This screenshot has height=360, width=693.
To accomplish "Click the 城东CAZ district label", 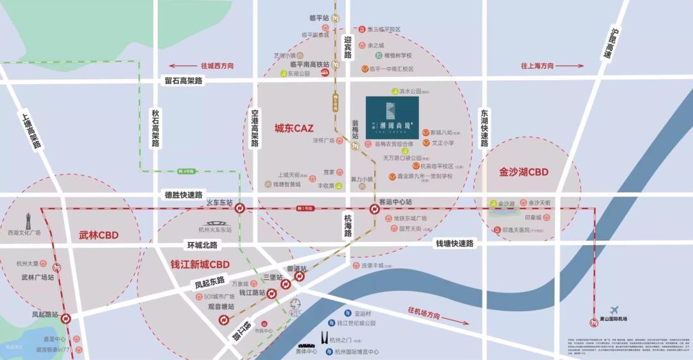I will pos(294,128).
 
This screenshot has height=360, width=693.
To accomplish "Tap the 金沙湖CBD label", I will pos(524,172).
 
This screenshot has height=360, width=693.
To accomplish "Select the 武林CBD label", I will pos(99,235).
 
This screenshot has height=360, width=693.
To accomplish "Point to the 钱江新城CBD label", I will pos(200,264).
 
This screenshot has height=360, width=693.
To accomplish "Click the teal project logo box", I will pos(392,117).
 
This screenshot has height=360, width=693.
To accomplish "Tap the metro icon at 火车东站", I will pos(239,209).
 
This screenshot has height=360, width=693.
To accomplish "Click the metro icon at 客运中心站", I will pos(374,209).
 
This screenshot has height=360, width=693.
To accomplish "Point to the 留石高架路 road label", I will pos(183,81).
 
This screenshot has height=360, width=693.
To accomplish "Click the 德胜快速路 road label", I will pos(184,195).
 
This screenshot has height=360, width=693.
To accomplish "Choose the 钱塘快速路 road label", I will pos(455,244).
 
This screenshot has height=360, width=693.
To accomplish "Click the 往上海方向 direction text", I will pos(538,66).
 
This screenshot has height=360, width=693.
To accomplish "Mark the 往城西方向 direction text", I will pos(217,66).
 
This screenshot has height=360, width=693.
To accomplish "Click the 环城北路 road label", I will pos(202,245).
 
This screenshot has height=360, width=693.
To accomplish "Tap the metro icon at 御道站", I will pos(300,277).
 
